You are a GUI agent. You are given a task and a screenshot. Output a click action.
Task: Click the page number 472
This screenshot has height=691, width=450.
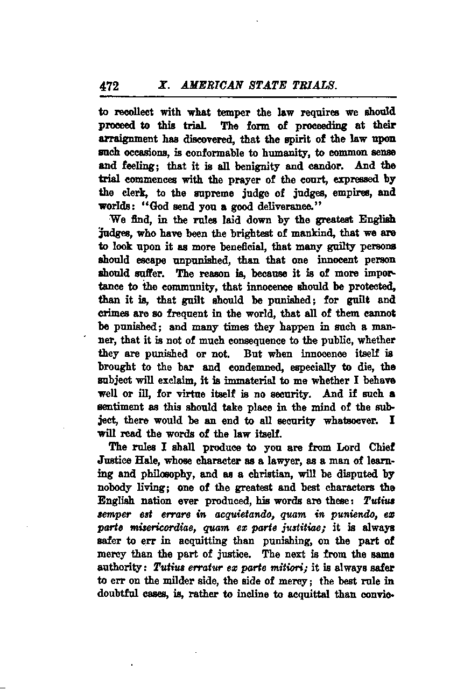point(109,86)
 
